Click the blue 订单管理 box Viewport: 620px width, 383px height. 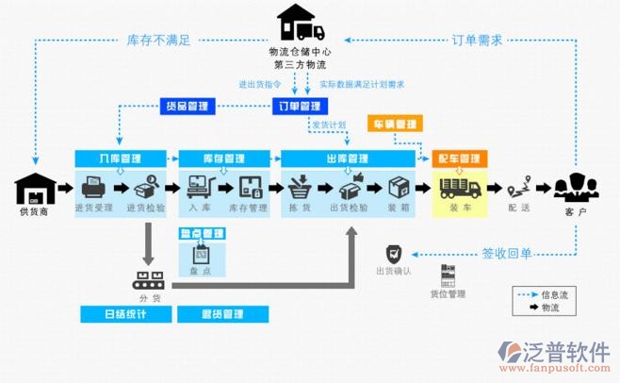pyautogui.click(x=296, y=106)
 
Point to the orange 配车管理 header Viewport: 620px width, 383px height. pyautogui.click(x=460, y=158)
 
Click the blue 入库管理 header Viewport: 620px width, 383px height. pyautogui.click(x=119, y=158)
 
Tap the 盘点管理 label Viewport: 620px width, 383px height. pyautogui.click(x=201, y=233)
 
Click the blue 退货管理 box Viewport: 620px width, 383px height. pyautogui.click(x=222, y=313)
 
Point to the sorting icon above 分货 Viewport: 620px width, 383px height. pyautogui.click(x=148, y=279)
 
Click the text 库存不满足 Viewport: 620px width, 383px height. pyautogui.click(x=159, y=41)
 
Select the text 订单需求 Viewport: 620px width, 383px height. pyautogui.click(x=477, y=41)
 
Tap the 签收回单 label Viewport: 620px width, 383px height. pyautogui.click(x=507, y=253)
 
